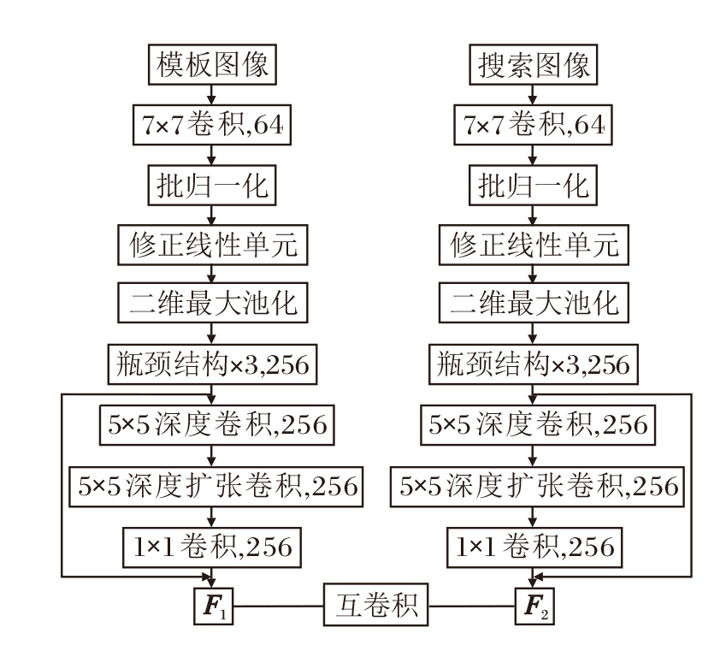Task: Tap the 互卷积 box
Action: point(375,608)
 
